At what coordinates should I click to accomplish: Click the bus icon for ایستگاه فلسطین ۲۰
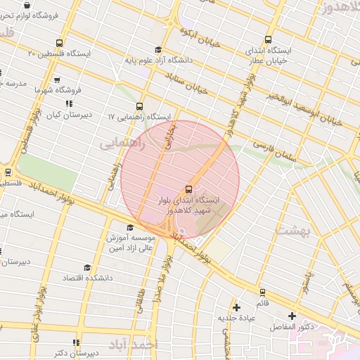[x=58, y=44]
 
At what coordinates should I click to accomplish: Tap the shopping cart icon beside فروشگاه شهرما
[x=56, y=80]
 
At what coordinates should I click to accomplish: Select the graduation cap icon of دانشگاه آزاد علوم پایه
[x=158, y=50]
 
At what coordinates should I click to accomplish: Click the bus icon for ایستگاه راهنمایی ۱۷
[x=140, y=105]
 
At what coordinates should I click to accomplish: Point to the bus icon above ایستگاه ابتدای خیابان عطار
[x=267, y=40]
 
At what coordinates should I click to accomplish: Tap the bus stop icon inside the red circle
[x=188, y=188]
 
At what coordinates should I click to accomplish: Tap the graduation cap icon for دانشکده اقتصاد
[x=87, y=267]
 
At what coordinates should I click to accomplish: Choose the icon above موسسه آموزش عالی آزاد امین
[x=129, y=227]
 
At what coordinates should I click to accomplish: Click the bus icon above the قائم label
[x=262, y=292]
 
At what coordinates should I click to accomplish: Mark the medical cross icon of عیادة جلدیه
[x=236, y=307]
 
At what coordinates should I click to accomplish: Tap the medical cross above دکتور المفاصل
[x=292, y=316]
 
